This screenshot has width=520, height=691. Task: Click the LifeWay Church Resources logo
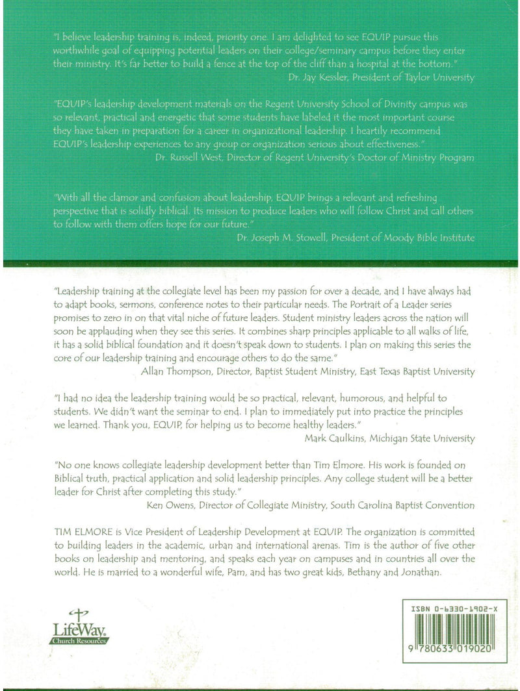coord(79,626)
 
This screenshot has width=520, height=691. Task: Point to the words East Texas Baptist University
coord(409,371)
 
